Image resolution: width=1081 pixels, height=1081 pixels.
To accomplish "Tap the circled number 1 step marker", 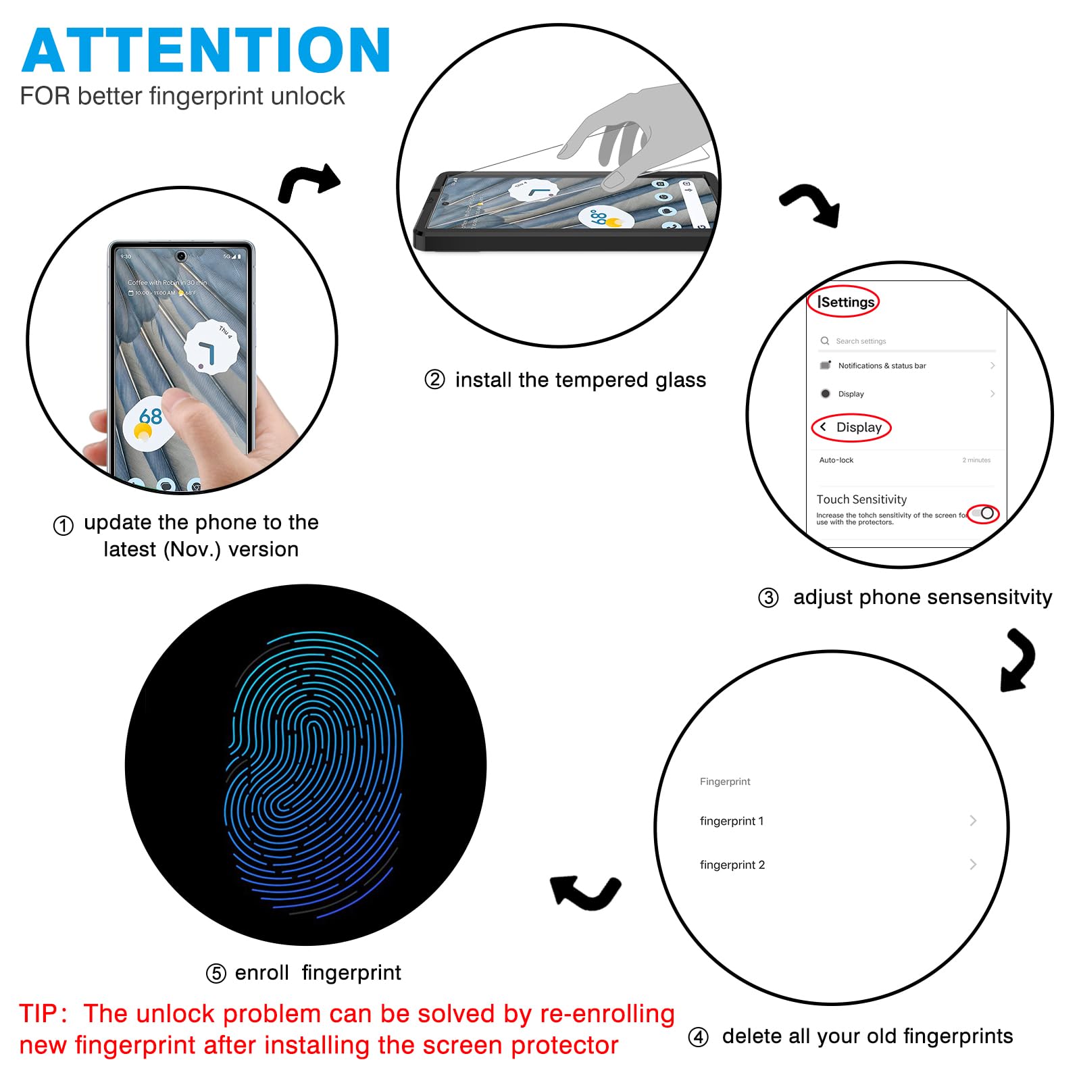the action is pyautogui.click(x=64, y=526).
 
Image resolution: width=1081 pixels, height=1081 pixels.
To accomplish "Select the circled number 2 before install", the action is pyautogui.click(x=434, y=380).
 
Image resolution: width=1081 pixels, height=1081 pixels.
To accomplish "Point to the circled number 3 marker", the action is pyautogui.click(x=768, y=598).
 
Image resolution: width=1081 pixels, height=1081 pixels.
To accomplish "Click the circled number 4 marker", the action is pyautogui.click(x=698, y=1037).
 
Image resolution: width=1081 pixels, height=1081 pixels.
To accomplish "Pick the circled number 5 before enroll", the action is pyautogui.click(x=216, y=974).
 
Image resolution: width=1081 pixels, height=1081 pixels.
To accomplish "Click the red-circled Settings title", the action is pyautogui.click(x=845, y=302).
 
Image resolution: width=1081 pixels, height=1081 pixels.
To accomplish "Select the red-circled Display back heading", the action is pyautogui.click(x=852, y=428).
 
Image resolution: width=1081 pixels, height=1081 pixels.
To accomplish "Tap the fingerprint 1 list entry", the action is pyautogui.click(x=732, y=821).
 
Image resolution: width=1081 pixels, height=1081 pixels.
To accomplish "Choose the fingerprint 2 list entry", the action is pyautogui.click(x=732, y=865).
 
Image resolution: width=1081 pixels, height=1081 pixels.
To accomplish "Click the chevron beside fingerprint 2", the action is pyautogui.click(x=973, y=864).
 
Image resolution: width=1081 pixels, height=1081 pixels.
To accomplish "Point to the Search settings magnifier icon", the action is pyautogui.click(x=824, y=341).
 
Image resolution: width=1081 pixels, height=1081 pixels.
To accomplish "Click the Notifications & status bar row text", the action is pyautogui.click(x=882, y=366).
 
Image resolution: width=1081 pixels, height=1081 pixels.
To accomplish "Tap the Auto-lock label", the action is pyautogui.click(x=836, y=460).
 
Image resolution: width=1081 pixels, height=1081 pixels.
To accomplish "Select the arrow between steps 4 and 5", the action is pyautogui.click(x=585, y=892).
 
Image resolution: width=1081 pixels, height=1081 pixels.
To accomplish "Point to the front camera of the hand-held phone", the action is pyautogui.click(x=181, y=256).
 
